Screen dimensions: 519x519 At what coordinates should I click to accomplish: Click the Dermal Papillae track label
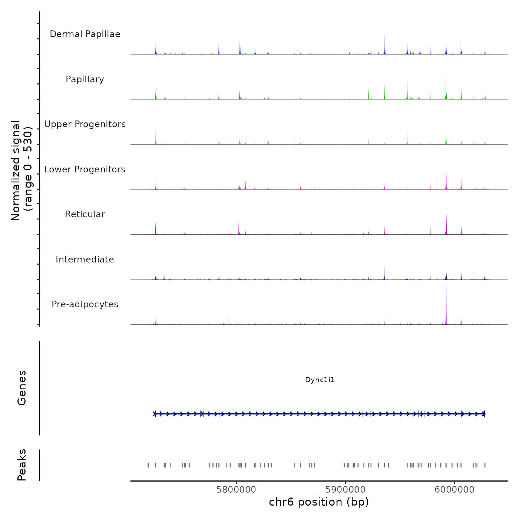tap(85, 34)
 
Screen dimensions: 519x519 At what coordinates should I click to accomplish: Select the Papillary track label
tap(85, 79)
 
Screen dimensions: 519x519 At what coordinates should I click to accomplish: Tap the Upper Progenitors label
tap(85, 124)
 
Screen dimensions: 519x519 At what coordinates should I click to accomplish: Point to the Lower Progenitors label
tap(85, 169)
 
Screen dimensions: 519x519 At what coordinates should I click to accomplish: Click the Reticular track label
tap(85, 214)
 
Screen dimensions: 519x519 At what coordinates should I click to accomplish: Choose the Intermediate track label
tap(85, 259)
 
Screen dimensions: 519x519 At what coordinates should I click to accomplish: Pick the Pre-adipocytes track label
tap(85, 304)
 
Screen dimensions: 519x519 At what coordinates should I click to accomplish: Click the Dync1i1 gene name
tap(320, 380)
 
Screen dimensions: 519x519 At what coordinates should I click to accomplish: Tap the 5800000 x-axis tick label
tap(236, 490)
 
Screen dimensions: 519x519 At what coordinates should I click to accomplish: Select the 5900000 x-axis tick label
tap(346, 490)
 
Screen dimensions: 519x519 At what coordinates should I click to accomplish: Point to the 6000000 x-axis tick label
tap(454, 490)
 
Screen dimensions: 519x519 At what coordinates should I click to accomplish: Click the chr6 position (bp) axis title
tap(319, 502)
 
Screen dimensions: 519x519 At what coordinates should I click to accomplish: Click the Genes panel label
tap(22, 388)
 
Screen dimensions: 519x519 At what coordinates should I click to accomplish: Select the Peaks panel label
tap(22, 465)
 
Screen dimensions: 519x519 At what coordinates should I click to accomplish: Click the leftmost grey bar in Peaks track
tap(148, 465)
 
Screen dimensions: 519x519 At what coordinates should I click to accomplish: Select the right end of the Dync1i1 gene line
tap(485, 414)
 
